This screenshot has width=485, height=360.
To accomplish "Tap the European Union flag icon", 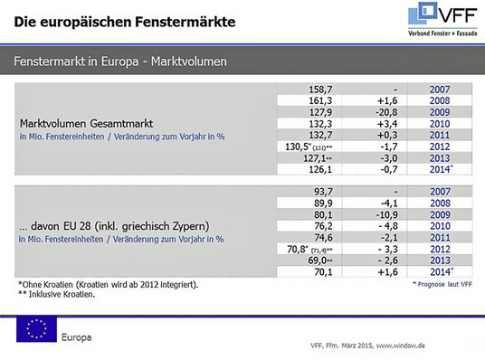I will point(36,329).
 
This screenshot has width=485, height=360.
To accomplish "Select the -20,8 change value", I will point(375,111).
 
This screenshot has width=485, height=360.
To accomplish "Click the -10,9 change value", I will point(375,214).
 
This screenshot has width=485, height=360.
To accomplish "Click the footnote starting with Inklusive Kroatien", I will point(63,294).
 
